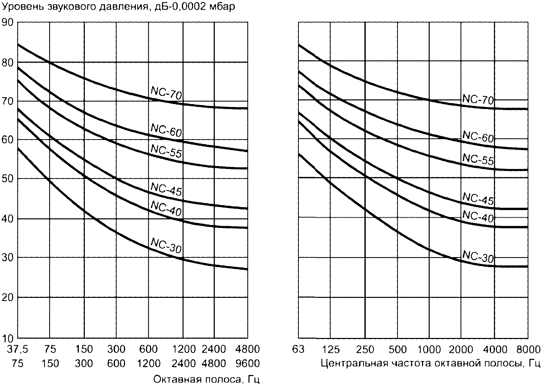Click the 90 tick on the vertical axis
point(8,22)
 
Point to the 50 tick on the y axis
point(8,179)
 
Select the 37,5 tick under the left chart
point(18,350)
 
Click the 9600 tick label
point(247,364)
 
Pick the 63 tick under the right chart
point(298,350)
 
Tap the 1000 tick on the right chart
point(429,350)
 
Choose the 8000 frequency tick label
point(528,350)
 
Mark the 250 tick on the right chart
point(365,350)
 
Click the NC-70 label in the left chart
point(166,93)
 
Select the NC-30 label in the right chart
point(478,257)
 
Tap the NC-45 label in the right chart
point(478,199)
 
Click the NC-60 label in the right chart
point(478,137)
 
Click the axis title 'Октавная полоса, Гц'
point(206,379)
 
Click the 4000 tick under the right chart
point(495,350)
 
